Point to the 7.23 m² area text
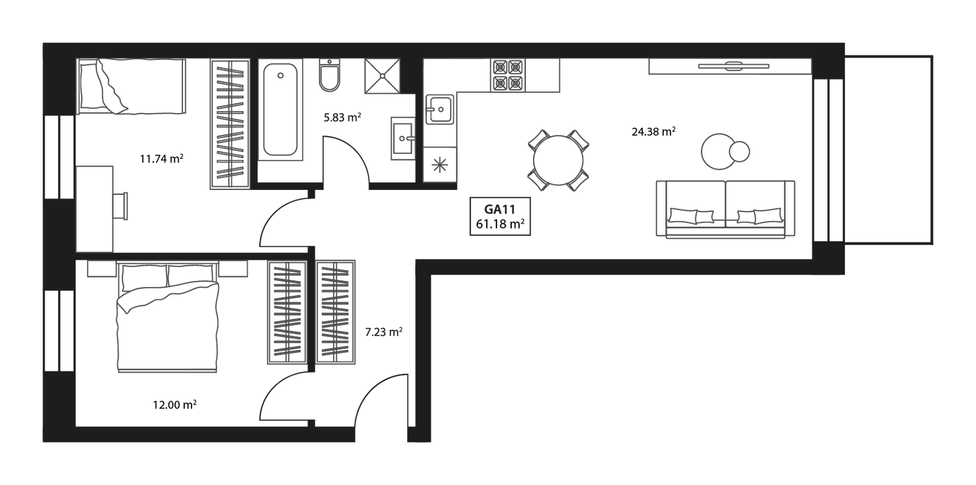pos(383,333)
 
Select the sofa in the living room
pos(725,209)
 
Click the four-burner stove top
pos(508,75)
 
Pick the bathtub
pos(281,110)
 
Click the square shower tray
pos(383,76)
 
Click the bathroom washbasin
pos(403,139)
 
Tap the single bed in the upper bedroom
pos(131,86)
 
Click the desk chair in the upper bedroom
pos(121,205)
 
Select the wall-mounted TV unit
pos(730,67)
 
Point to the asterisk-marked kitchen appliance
pos(439,165)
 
